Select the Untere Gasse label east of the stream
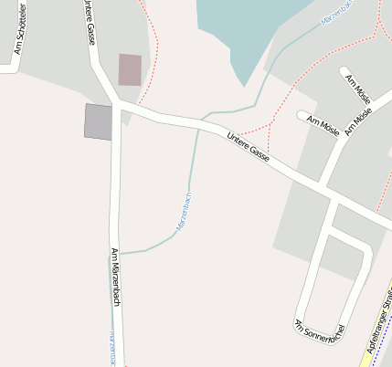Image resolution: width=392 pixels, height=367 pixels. pyautogui.click(x=248, y=147)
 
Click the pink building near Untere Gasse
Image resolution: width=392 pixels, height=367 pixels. pyautogui.click(x=130, y=69)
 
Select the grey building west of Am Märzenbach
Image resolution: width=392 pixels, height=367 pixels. pyautogui.click(x=98, y=121)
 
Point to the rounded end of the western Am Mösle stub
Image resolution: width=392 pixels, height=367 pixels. pyautogui.click(x=302, y=115)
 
